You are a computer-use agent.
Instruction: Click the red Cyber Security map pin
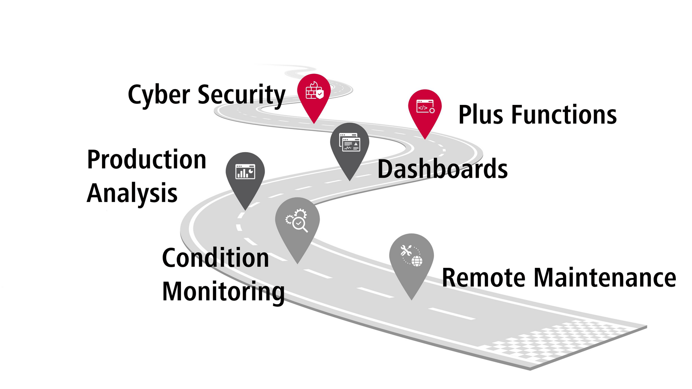(x=314, y=96)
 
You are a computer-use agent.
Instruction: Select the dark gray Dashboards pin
(x=350, y=148)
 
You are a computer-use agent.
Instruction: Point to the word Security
(x=241, y=95)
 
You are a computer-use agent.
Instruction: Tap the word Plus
(x=481, y=115)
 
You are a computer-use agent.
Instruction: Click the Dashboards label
(x=443, y=169)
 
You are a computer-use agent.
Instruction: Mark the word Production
(x=147, y=159)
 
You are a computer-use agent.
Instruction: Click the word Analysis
(x=132, y=194)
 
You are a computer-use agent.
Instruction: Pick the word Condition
(x=216, y=258)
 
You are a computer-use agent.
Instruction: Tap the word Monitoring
(x=223, y=292)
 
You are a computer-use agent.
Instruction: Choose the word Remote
(x=484, y=278)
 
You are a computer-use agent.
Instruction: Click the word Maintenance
(x=605, y=278)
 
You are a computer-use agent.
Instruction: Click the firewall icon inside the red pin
(x=315, y=91)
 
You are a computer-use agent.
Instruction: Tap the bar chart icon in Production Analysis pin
(x=245, y=172)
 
